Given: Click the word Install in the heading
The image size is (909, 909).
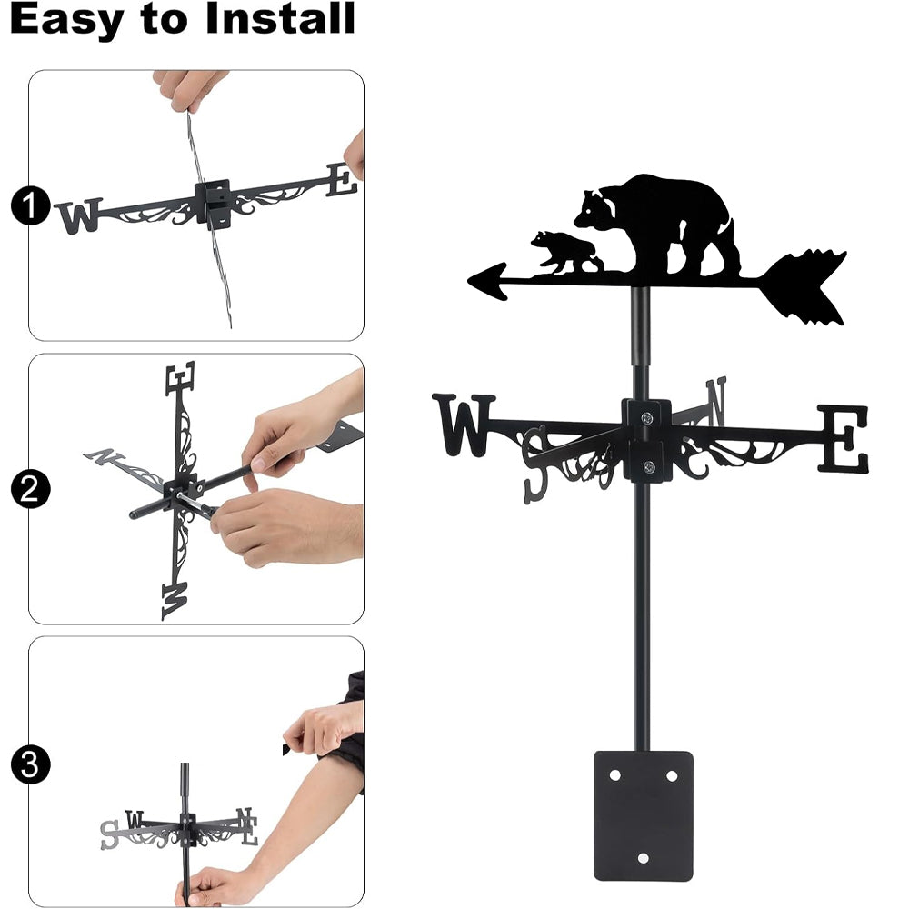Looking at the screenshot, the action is tap(280, 18).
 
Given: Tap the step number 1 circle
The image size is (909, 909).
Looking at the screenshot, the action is tap(30, 205).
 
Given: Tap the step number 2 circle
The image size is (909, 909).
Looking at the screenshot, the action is tap(30, 489).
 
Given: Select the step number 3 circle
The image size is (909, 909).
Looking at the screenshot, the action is tap(30, 764).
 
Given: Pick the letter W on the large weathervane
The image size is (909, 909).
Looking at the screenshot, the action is tap(464, 425).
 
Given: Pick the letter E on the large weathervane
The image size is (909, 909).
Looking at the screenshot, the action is tap(844, 438).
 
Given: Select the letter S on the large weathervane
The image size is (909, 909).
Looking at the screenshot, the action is tap(535, 464).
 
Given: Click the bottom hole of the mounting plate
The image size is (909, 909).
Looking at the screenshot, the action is tap(643, 857).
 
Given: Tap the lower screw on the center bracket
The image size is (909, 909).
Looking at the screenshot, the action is tap(649, 466).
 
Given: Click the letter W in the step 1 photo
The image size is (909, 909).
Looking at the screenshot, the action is tap(79, 215).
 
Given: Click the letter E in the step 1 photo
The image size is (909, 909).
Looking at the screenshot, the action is tap(342, 180).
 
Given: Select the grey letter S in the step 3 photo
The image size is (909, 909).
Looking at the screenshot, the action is tap(109, 834).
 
